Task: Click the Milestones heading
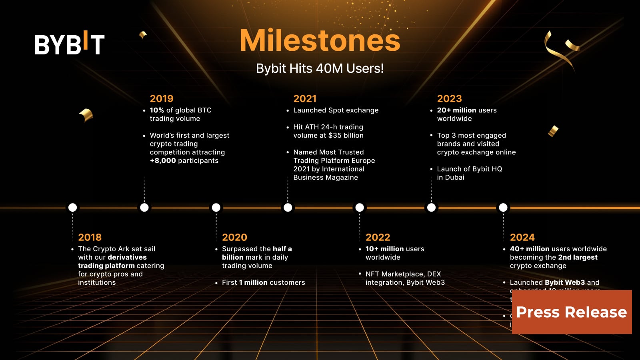pos(320,40)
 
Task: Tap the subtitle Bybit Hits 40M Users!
pos(320,68)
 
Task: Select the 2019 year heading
pos(161,98)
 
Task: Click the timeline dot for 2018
pos(72,207)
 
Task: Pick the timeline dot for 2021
pos(288,207)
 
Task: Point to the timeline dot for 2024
pos(503,207)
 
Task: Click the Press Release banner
pos(572,312)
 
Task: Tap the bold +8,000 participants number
pos(163,160)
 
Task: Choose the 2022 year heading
pos(378,237)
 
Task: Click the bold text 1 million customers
pos(253,282)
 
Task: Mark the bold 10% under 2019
pos(157,110)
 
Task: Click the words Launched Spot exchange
pos(336,110)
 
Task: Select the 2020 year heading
pos(234,237)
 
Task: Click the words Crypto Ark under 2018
pos(111,249)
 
